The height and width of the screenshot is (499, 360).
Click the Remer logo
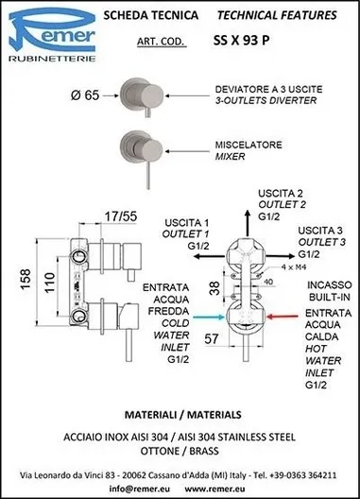52,34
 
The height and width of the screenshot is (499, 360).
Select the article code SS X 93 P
241,41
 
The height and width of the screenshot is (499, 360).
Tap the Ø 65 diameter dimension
85,95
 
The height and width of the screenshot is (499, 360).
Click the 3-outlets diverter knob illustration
142,96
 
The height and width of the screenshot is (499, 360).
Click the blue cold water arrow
209,317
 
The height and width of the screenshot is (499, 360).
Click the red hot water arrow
283,317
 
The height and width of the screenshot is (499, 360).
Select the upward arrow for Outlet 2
248,223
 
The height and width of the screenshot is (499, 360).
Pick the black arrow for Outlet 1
210,256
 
